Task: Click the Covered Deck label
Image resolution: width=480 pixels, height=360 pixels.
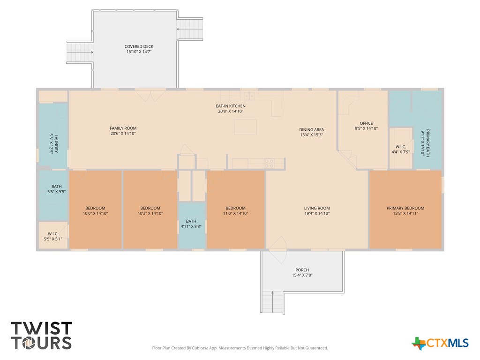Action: (x=139, y=46)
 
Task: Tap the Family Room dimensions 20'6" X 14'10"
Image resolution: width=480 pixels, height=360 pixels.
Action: (x=123, y=134)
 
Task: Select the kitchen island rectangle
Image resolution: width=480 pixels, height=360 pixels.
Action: (x=245, y=127)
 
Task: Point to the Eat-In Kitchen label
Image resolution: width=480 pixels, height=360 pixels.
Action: (x=231, y=106)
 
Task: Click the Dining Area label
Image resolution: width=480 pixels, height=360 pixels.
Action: (x=312, y=129)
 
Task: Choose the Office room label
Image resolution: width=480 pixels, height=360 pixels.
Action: (x=366, y=123)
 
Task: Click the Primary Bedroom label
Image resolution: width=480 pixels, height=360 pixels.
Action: (x=405, y=208)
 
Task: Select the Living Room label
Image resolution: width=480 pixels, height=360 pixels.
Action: (x=317, y=208)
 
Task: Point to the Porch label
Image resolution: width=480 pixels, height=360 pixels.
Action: (x=302, y=270)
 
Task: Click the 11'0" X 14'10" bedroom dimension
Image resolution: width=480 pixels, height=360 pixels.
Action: (x=235, y=213)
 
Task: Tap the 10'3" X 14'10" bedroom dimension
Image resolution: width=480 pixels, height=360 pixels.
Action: (x=150, y=213)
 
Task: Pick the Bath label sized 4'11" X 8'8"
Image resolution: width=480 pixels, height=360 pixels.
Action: (x=191, y=221)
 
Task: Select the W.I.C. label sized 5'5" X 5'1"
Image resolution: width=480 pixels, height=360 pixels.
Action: (x=53, y=234)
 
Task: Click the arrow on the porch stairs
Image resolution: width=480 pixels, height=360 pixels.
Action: (x=272, y=302)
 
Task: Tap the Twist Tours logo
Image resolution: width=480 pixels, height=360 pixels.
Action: (x=41, y=336)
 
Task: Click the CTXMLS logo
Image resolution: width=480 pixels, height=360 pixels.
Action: (x=440, y=343)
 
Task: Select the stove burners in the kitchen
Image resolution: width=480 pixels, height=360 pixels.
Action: (x=269, y=164)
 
